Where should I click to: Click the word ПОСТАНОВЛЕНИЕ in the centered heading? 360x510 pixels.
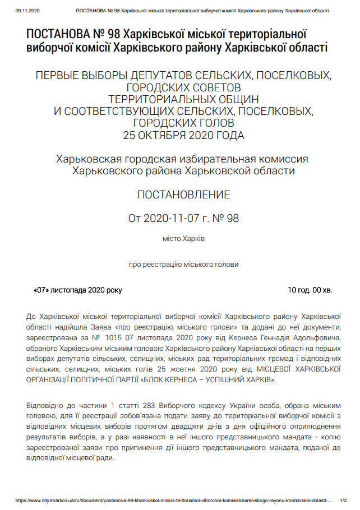tap(184, 195)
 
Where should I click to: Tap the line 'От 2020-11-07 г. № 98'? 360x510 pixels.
tap(184, 219)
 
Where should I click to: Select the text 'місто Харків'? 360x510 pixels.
tap(184, 239)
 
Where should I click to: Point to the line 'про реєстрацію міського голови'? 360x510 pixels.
tap(184, 265)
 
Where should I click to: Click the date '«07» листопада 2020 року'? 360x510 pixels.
tap(78, 290)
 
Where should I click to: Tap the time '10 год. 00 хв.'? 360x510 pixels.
tap(310, 290)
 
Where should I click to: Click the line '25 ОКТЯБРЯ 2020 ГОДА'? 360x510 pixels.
tap(184, 135)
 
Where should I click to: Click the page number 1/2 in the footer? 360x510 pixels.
tap(343, 500)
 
